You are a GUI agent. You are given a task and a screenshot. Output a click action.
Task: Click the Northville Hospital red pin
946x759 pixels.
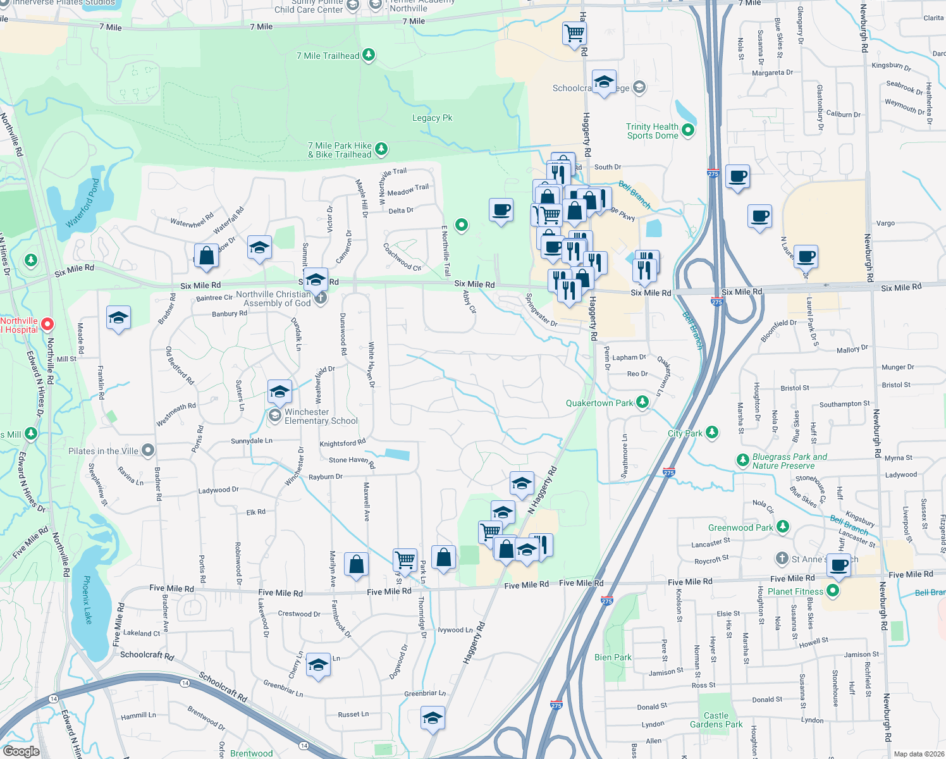pos(47,324)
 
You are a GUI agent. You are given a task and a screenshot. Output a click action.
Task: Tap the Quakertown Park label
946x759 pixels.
pos(599,403)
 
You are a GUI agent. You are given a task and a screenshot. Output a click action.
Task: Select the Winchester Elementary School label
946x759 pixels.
pos(321,416)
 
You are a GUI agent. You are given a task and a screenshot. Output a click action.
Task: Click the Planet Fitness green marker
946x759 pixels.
pos(833,591)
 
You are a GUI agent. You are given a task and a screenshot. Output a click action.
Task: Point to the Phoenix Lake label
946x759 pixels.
pos(87,600)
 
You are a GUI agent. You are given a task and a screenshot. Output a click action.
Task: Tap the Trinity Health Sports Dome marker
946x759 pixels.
pos(689,130)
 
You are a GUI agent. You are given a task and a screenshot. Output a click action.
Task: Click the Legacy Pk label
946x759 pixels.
pos(433,118)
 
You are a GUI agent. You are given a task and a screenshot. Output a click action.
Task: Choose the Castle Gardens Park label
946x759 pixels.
pos(716,720)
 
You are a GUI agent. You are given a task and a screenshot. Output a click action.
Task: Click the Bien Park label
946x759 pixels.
pos(613,657)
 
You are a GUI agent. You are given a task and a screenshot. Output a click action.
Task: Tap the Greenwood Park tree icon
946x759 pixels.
pos(783,526)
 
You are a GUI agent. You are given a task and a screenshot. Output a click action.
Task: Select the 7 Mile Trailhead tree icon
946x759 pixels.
pos(369,55)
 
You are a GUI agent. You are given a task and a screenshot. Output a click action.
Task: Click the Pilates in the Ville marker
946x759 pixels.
pos(148,450)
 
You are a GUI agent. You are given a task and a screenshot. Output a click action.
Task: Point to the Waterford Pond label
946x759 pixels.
pos(83,203)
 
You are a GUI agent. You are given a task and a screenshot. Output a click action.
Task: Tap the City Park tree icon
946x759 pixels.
pos(712,433)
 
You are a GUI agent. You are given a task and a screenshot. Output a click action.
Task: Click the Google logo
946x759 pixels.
pos(21,751)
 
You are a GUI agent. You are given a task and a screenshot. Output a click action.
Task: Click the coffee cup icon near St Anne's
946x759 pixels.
pos(838,565)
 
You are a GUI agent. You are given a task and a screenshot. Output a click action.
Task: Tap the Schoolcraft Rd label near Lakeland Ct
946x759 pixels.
pos(147,655)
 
